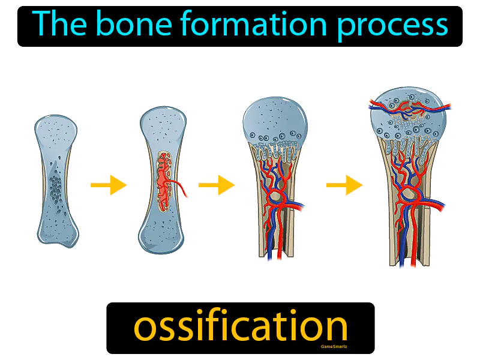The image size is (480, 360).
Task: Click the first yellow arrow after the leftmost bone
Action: point(109,185)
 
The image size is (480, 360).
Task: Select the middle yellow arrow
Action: point(217,185)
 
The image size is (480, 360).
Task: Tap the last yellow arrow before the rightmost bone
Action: point(344,185)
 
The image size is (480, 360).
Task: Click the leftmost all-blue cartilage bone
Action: point(57,180)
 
